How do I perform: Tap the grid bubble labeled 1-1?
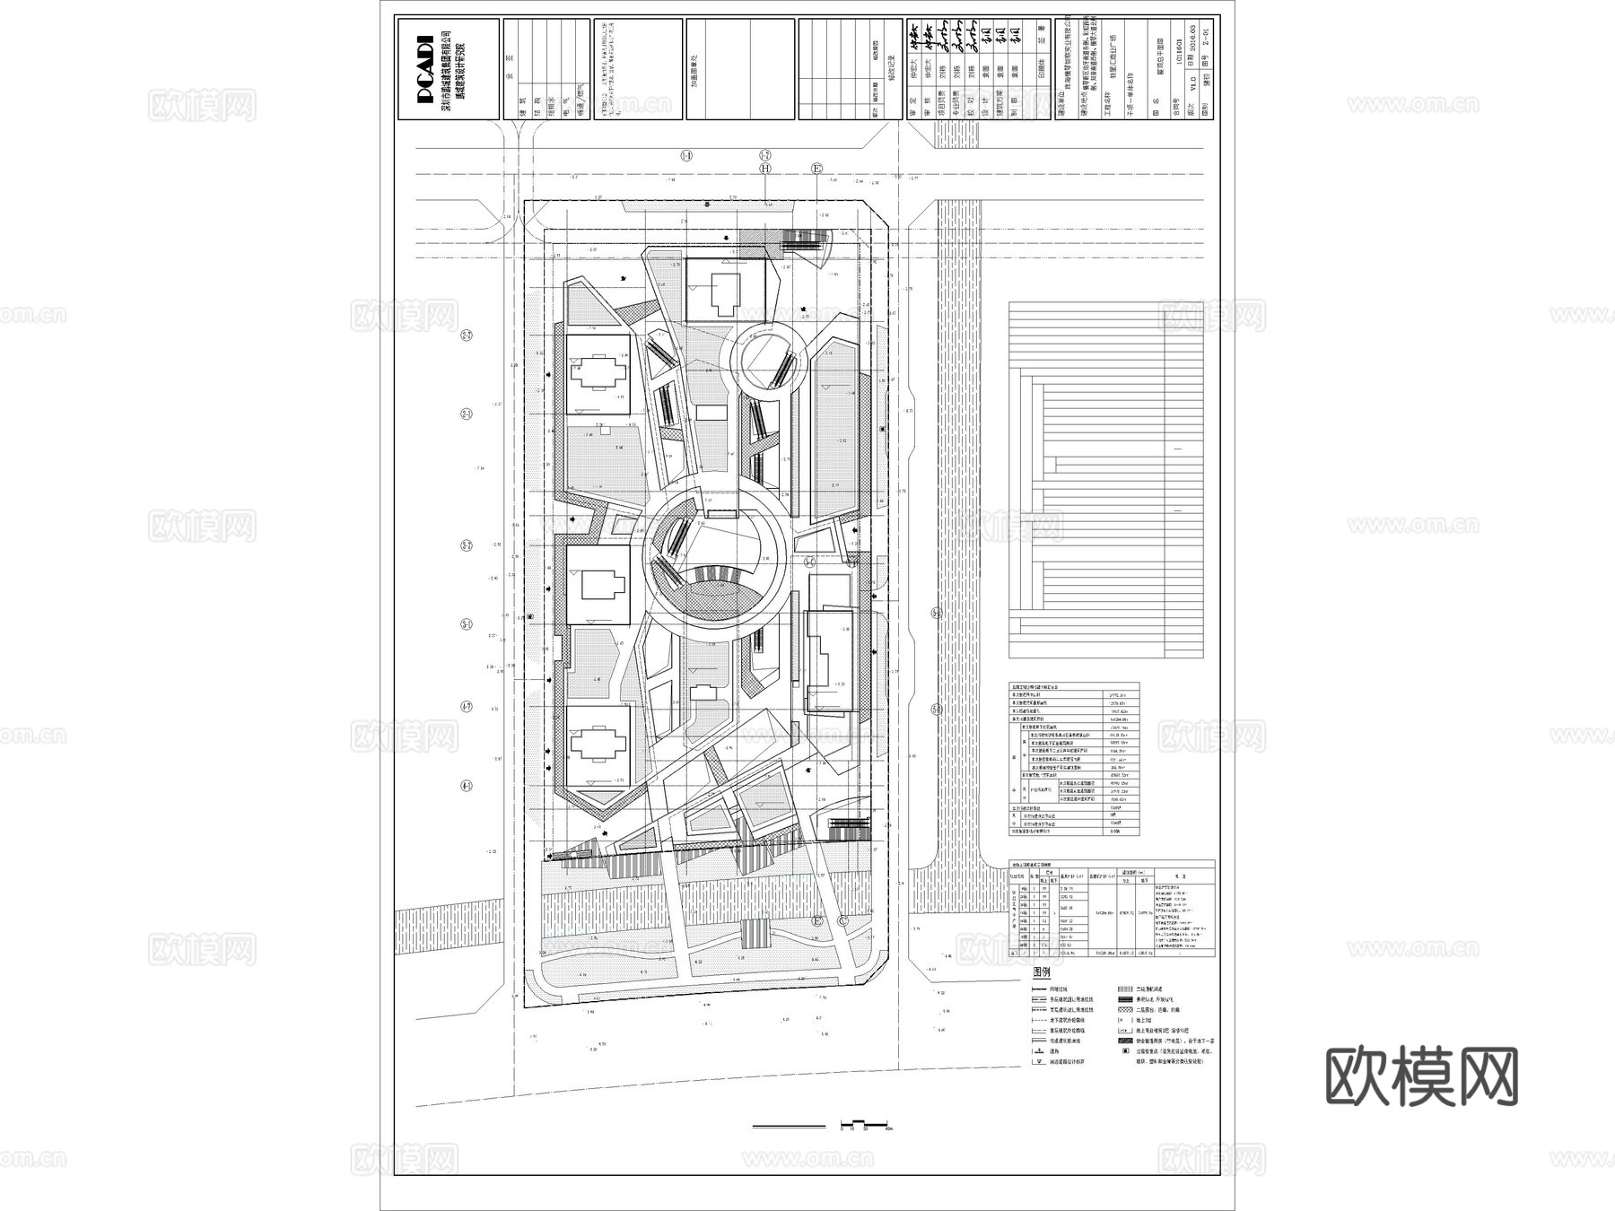[x=686, y=156]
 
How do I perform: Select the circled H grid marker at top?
[x=765, y=168]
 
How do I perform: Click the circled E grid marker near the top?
[x=816, y=168]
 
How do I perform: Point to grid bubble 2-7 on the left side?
[x=467, y=335]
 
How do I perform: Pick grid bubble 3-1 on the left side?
[x=467, y=623]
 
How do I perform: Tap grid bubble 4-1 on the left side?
[x=467, y=786]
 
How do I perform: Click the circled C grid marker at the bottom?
[x=842, y=920]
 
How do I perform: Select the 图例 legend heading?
[x=1042, y=972]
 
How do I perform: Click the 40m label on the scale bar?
[x=889, y=1129]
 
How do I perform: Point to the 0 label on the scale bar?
[x=842, y=1129]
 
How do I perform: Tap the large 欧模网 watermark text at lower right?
[x=1421, y=1076]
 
